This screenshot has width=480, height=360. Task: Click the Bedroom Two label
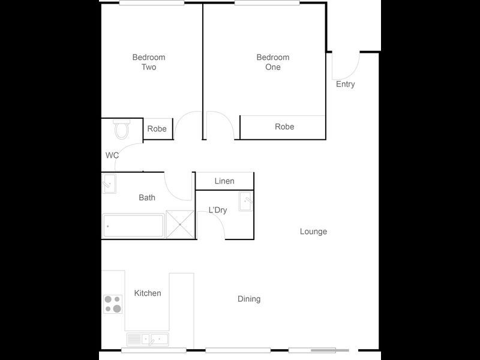coord(149,62)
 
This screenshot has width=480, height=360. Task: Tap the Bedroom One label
coord(273,62)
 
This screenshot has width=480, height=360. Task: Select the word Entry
coord(345,84)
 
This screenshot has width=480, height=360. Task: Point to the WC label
coord(112,155)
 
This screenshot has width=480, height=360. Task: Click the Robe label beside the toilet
coord(157,129)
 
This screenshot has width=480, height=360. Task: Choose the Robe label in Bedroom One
coord(284,127)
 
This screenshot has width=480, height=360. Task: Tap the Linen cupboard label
coord(224,181)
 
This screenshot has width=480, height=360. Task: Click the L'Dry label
coord(218,210)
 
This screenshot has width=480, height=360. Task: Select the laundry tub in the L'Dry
coord(246,202)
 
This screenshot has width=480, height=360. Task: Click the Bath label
coord(147,197)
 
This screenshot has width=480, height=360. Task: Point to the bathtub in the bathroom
coord(133,226)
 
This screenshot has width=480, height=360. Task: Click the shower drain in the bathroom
coord(180,224)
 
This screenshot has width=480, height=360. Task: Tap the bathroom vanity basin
coord(109,182)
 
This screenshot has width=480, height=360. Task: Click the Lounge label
coord(313,232)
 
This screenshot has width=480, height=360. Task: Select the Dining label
coord(249,299)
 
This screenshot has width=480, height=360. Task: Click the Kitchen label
coord(148,293)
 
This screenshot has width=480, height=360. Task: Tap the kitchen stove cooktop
coord(113,304)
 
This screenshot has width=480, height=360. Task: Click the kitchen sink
coord(148,340)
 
